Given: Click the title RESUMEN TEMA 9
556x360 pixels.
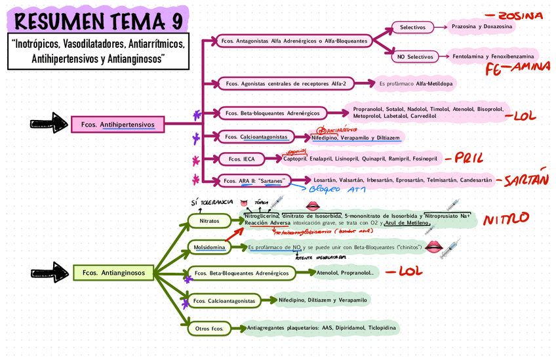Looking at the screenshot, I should pyautogui.click(x=98, y=21).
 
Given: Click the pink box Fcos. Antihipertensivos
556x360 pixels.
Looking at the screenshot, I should pyautogui.click(x=117, y=124).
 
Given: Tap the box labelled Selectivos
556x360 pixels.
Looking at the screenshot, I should pyautogui.click(x=413, y=28).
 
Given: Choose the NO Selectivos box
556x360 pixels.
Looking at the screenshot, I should pyautogui.click(x=416, y=57).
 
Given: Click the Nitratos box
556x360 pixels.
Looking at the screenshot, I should pyautogui.click(x=209, y=222).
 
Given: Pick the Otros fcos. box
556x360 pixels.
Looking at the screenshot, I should pyautogui.click(x=210, y=327).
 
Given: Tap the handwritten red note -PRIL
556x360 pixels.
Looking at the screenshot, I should pyautogui.click(x=463, y=158).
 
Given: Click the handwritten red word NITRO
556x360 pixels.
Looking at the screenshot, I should pyautogui.click(x=506, y=219).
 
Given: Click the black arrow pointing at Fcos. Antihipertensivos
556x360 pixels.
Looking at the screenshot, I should pyautogui.click(x=51, y=123).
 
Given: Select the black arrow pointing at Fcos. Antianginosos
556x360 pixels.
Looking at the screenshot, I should pyautogui.click(x=51, y=271).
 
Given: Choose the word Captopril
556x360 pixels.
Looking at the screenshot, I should pyautogui.click(x=296, y=159).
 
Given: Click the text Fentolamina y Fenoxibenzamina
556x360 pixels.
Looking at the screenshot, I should pyautogui.click(x=493, y=57).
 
